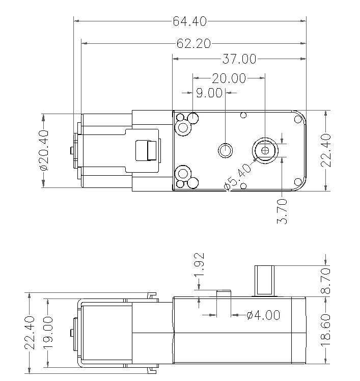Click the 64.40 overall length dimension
coord(190,21)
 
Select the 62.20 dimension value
coord(193,44)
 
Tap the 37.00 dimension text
coord(239,59)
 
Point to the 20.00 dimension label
coord(229,78)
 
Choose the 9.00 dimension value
coord(209,93)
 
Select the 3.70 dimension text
coord(284,211)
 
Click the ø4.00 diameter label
coord(263,315)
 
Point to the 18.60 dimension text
coord(326,330)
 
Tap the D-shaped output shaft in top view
coord(265,150)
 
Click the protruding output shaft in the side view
coord(264,280)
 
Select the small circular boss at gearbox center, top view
coord(225,150)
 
